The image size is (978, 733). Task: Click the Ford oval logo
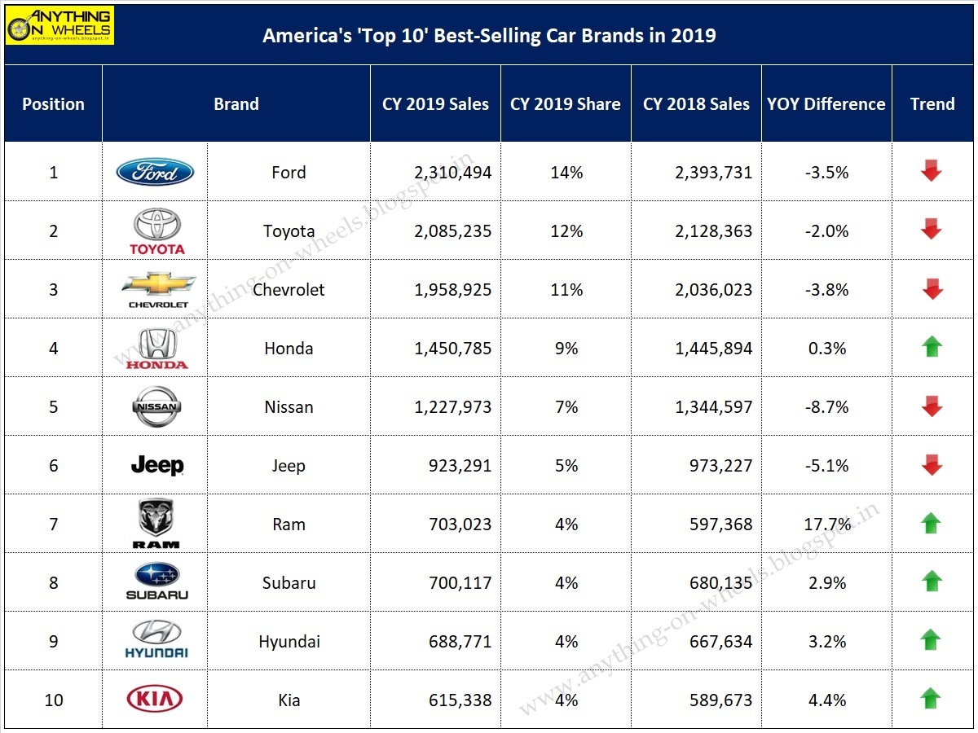coord(155,172)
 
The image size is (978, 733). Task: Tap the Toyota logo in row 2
coord(156,230)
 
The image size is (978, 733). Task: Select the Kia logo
coord(155,699)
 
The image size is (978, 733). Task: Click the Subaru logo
coord(156,582)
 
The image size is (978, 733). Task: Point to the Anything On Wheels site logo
coord(60,25)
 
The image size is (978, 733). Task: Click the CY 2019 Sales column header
coord(435,104)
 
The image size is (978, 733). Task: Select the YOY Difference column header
coord(826,104)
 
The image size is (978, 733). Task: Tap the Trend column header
coord(932,104)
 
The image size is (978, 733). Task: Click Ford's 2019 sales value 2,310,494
coord(452,173)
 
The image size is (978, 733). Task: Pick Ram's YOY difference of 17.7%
coord(827,525)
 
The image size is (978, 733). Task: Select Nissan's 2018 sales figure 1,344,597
coord(713,407)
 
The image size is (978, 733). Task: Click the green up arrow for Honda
coord(932,348)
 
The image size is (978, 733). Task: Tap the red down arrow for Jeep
coord(932,466)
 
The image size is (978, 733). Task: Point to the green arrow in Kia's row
coord(932,700)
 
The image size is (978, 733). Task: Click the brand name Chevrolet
coord(289,290)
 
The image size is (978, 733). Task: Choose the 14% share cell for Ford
coord(566,173)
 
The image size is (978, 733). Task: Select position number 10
coord(54,700)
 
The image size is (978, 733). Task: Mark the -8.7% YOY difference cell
coord(827,407)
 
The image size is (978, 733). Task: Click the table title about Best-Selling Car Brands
coord(489,35)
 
